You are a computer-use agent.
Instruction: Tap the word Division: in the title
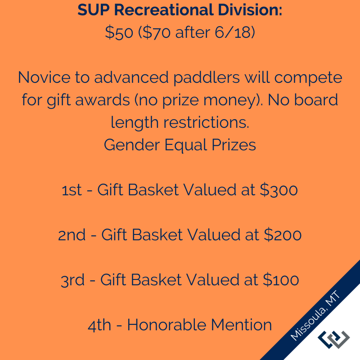coord(250,10)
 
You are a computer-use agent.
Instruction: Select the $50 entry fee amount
coord(119,32)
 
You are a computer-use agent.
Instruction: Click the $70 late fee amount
coord(157,32)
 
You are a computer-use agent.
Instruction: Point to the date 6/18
coord(233,32)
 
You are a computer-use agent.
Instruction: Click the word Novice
coord(44,77)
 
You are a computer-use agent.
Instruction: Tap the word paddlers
coord(207,78)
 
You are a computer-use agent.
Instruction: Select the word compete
coord(308,78)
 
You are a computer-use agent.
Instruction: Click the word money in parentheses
coord(230,100)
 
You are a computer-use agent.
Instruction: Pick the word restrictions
coord(206,122)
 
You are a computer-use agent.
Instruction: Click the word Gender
coord(132,145)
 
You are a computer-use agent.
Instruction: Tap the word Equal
coord(186,145)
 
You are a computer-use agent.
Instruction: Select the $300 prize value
coord(279,190)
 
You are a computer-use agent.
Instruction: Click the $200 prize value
coord(283,235)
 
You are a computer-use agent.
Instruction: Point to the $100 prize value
coord(281,280)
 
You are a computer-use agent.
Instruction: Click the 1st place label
coord(72,190)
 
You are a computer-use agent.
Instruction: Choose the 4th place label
coord(99,325)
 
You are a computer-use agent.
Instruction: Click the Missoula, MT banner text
coord(315,315)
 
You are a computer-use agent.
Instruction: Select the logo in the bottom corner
coord(333,340)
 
